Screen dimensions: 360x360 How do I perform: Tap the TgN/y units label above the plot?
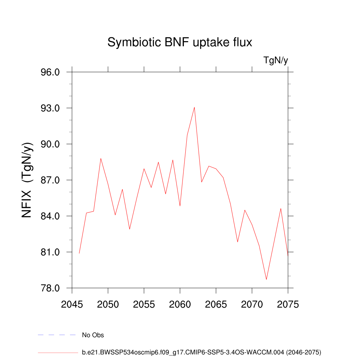276,60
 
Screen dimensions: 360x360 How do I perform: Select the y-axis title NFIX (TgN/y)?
27,180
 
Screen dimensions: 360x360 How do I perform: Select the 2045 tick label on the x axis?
72,304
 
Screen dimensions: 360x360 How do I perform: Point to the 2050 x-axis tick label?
108,304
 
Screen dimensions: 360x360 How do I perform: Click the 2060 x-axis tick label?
180,304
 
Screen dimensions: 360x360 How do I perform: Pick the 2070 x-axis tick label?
252,304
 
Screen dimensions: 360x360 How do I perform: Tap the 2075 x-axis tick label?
288,304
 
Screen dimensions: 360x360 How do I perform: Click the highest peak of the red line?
194,107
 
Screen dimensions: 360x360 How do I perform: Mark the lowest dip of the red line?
266,279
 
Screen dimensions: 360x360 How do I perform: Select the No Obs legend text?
93,335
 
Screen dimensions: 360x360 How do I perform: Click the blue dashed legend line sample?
57,335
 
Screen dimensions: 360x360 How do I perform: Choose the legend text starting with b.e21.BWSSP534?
201,352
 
